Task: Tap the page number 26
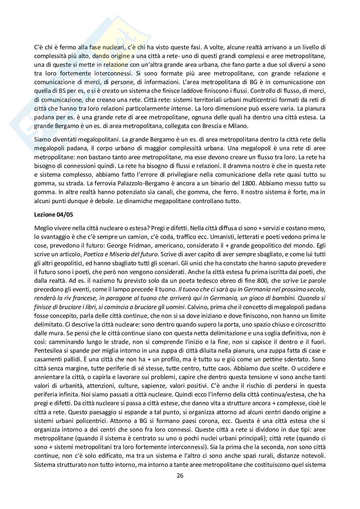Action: pos(180,475)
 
